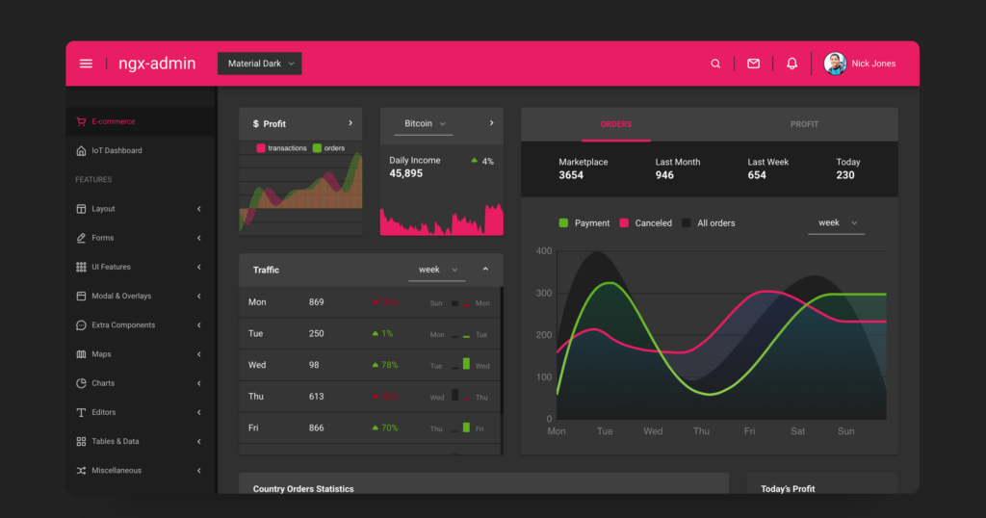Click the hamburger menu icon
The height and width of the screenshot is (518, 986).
click(x=86, y=64)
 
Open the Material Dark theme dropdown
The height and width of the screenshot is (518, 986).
click(x=259, y=64)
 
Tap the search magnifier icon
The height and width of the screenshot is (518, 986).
click(x=715, y=64)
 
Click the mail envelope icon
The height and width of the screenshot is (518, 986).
click(x=754, y=64)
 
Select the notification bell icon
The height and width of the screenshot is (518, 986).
click(x=792, y=64)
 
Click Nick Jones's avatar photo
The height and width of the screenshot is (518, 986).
click(x=835, y=64)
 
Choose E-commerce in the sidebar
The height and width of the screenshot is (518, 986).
click(x=113, y=121)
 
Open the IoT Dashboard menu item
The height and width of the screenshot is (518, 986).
click(x=117, y=150)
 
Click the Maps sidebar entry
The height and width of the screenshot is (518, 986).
click(x=101, y=354)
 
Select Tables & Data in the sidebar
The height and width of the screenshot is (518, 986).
click(x=115, y=441)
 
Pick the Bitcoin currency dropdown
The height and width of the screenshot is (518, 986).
click(x=425, y=123)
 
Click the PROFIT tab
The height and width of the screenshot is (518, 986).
click(x=804, y=124)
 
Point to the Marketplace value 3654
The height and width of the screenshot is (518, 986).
click(x=571, y=175)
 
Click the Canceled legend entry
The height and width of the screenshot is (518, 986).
click(x=653, y=223)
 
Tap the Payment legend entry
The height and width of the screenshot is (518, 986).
click(x=591, y=223)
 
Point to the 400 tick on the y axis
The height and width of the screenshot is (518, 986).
click(x=544, y=251)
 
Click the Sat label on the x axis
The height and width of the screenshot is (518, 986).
click(x=797, y=431)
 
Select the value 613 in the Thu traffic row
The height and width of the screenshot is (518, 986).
click(x=317, y=397)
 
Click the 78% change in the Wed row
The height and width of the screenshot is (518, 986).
click(x=389, y=366)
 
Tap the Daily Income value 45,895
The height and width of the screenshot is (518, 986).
click(x=405, y=173)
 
